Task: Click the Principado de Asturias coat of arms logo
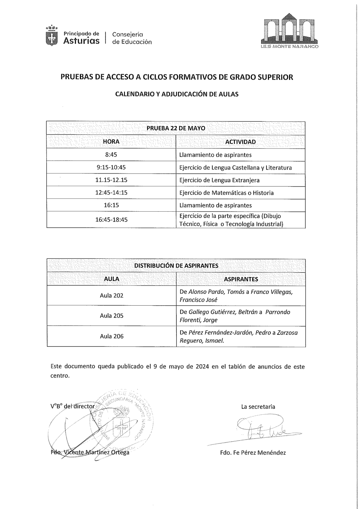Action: click(x=53, y=35)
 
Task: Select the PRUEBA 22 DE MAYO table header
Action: click(x=176, y=128)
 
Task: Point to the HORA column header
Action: click(x=111, y=142)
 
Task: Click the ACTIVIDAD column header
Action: click(x=240, y=142)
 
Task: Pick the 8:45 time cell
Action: click(x=111, y=155)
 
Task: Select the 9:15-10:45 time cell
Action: click(x=111, y=167)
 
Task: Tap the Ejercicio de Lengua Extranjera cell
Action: click(x=219, y=180)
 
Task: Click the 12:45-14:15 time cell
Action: click(x=111, y=193)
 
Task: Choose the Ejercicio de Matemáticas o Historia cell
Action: click(x=226, y=193)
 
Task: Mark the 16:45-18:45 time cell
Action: click(x=111, y=220)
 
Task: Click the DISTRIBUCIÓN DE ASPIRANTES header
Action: click(x=176, y=266)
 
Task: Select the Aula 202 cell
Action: click(x=111, y=296)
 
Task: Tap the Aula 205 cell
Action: click(x=111, y=316)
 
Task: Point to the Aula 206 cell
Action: click(x=111, y=336)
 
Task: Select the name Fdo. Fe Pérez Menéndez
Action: click(x=253, y=452)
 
